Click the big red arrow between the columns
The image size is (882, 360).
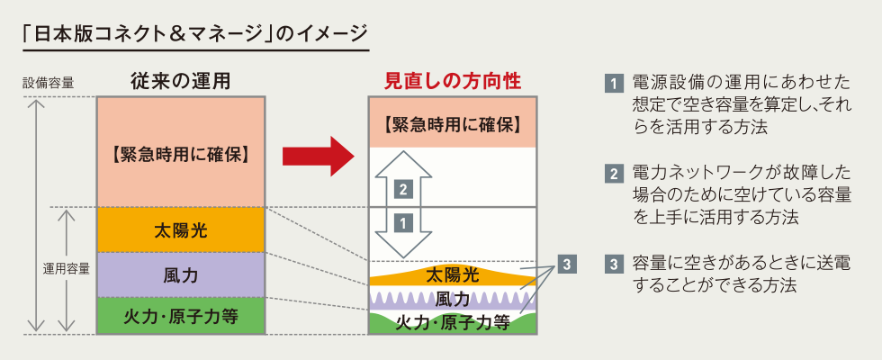pyautogui.click(x=319, y=157)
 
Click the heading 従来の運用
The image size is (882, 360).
pyautogui.click(x=181, y=82)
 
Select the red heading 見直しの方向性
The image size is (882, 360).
pyautogui.click(x=453, y=82)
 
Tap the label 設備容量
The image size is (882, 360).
pyautogui.click(x=48, y=83)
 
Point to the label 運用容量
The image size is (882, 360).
pyautogui.click(x=67, y=269)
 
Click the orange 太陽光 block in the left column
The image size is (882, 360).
pyautogui.click(x=181, y=229)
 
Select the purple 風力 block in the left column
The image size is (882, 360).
pyautogui.click(x=181, y=274)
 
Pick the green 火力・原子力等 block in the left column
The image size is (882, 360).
pyautogui.click(x=181, y=316)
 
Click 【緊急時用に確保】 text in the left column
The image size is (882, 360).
pyautogui.click(x=181, y=155)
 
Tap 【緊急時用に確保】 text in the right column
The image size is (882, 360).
pyautogui.click(x=453, y=124)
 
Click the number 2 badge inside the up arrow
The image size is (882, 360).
pyautogui.click(x=403, y=190)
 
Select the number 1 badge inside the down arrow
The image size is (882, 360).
pyautogui.click(x=403, y=223)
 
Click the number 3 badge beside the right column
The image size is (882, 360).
pyautogui.click(x=567, y=263)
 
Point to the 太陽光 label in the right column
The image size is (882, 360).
pyautogui.click(x=453, y=275)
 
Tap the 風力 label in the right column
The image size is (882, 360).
pyautogui.click(x=453, y=299)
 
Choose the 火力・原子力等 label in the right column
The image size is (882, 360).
pyautogui.click(x=453, y=323)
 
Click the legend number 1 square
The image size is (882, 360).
pyautogui.click(x=614, y=84)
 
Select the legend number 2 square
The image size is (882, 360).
pyautogui.click(x=614, y=174)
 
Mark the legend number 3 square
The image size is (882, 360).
pyautogui.click(x=614, y=264)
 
